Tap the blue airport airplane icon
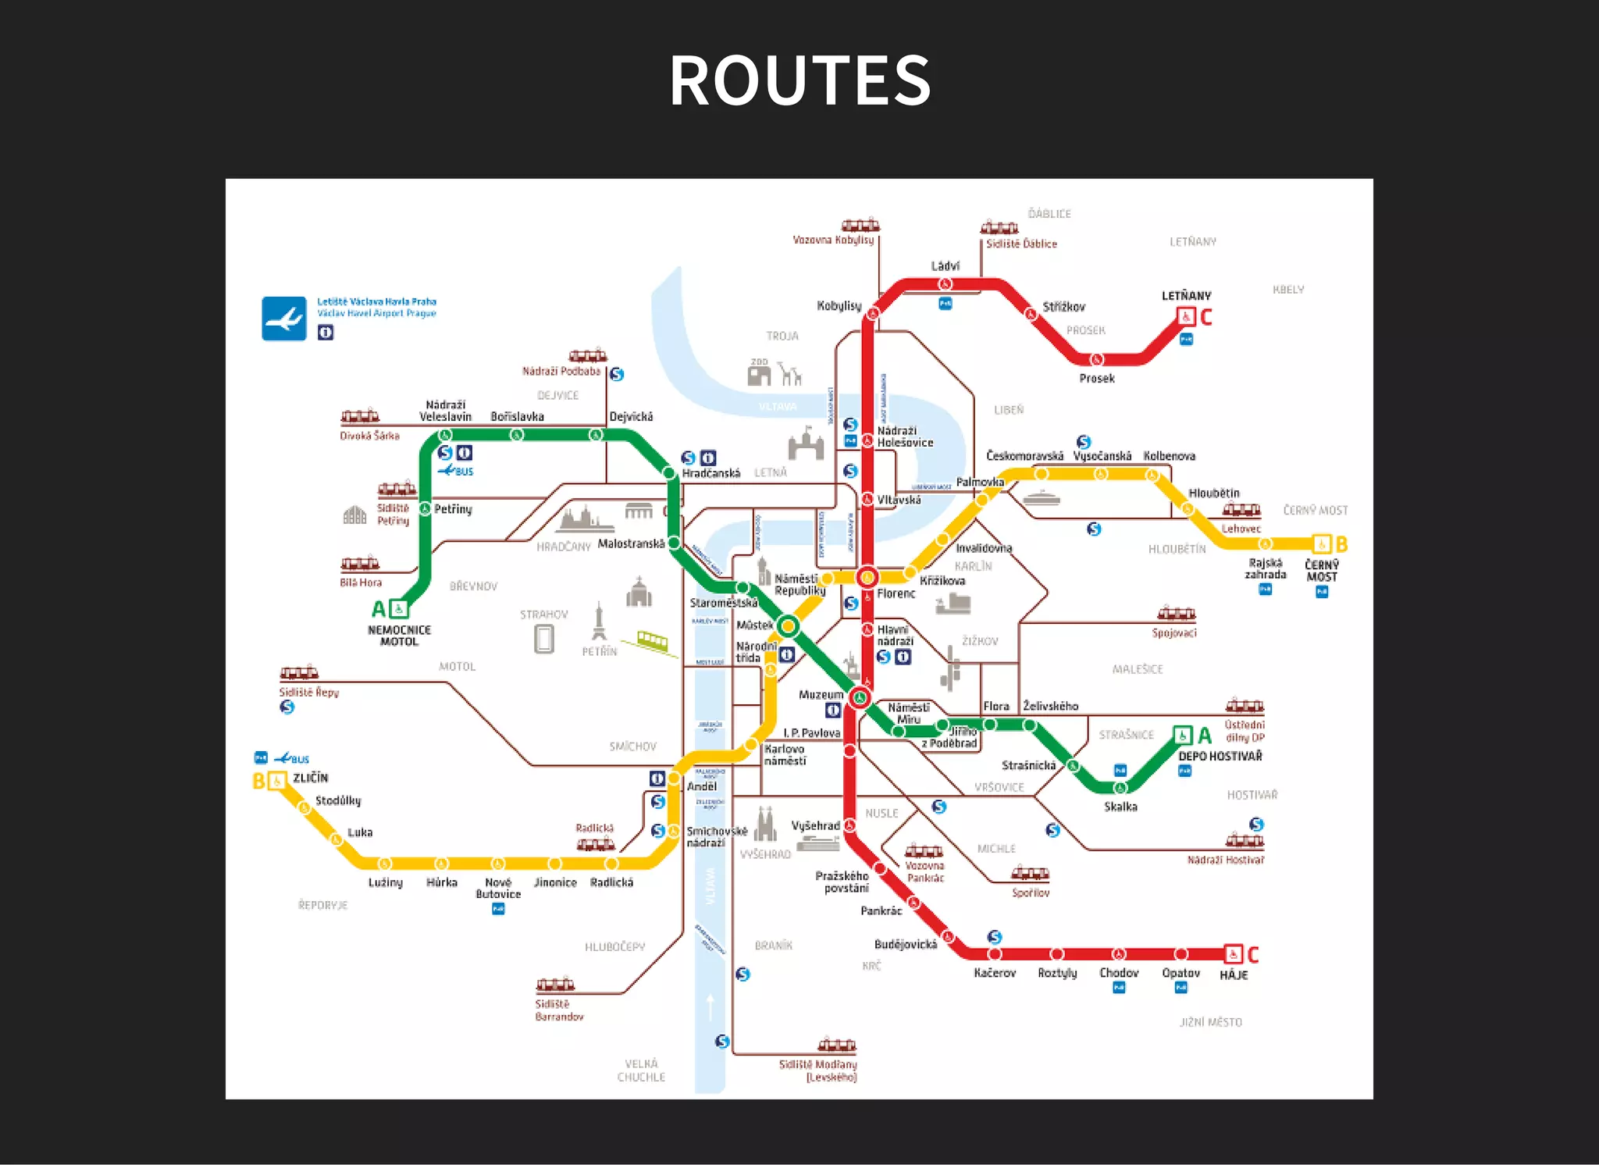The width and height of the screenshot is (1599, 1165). (x=283, y=319)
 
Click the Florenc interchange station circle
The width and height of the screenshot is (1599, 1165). (x=867, y=578)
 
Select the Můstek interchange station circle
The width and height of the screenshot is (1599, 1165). (x=789, y=625)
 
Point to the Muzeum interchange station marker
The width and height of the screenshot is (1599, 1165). (x=860, y=697)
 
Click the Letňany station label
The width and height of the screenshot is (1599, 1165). (x=1186, y=296)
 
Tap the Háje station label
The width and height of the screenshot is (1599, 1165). (x=1234, y=975)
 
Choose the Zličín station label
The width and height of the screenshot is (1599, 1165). (x=311, y=778)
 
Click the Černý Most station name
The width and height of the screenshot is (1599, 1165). (x=1322, y=571)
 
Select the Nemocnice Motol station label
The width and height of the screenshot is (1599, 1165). (x=399, y=636)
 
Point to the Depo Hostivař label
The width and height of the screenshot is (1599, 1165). (x=1220, y=756)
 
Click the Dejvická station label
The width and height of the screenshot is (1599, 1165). (x=631, y=417)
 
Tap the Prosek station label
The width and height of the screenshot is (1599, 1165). (x=1096, y=379)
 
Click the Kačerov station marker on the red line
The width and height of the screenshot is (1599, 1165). (x=995, y=954)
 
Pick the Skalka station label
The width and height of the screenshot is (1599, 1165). (x=1120, y=807)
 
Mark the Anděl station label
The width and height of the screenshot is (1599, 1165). (x=702, y=786)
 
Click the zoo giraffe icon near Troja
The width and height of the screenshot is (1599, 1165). (x=791, y=375)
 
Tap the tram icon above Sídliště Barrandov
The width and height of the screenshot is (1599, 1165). (x=555, y=985)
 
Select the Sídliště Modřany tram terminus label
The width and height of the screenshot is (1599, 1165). (x=817, y=1071)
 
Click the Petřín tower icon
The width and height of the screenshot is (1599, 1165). (x=599, y=622)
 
